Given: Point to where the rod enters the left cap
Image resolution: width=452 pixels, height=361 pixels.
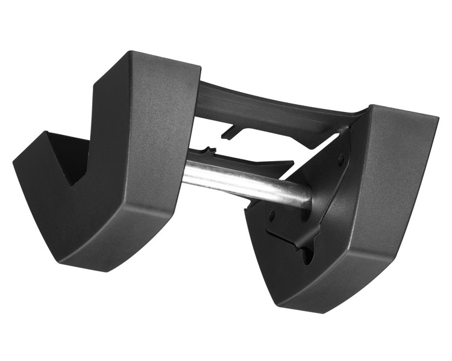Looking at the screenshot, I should point(184,172).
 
